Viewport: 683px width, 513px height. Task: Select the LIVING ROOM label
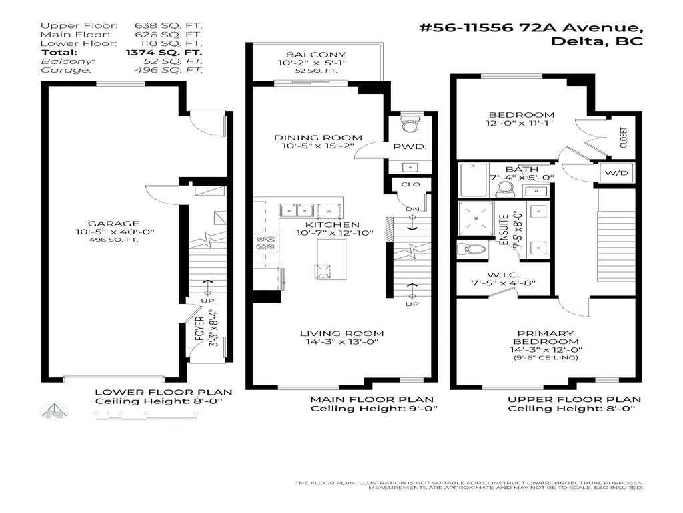coord(341,333)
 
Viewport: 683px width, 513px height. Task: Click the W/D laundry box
coord(617,173)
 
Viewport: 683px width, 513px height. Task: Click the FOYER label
coord(198,329)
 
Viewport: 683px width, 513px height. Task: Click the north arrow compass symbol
coord(55,411)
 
